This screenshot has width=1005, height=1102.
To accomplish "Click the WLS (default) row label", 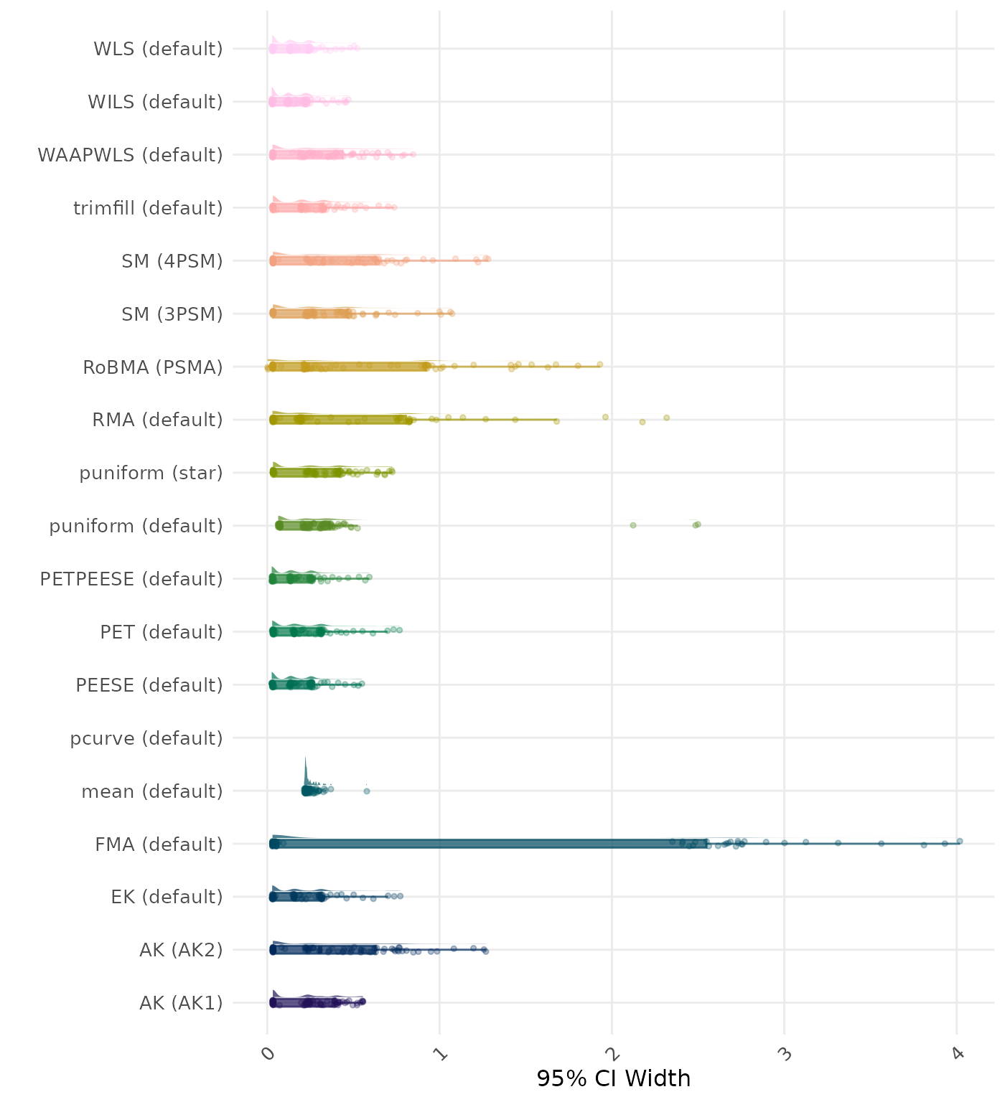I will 158,49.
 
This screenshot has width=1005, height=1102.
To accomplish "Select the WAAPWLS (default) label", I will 130,155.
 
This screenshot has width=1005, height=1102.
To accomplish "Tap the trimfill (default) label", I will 148,208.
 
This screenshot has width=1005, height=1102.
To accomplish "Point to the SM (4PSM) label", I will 172,261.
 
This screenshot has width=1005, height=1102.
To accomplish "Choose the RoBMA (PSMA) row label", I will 153,367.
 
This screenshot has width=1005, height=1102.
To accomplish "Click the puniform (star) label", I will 151,474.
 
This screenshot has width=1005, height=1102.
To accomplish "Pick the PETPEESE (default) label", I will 131,579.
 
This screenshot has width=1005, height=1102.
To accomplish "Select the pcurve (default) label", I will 146,738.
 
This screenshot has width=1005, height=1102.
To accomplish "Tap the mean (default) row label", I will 152,791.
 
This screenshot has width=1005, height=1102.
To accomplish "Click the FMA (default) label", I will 159,844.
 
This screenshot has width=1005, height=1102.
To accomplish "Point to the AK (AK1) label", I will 181,1003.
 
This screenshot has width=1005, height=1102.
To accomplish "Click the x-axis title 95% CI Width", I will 613,1078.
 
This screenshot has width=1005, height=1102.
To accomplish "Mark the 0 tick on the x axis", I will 267,1053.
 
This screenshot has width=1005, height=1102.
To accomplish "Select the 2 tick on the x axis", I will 612,1053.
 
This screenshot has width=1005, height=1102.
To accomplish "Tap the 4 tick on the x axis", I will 956,1053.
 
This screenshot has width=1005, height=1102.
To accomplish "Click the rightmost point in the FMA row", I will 960,841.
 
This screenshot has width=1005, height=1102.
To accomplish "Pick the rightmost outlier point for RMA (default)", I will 666,418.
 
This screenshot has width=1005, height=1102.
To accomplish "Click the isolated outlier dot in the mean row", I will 367,791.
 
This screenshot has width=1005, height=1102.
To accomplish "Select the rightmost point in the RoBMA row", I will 600,364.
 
